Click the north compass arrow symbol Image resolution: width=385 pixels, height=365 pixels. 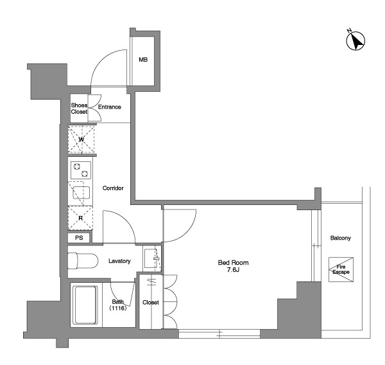pos(355,40)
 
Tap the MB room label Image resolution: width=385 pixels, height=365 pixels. pos(143,60)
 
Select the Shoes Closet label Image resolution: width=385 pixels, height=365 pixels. pos(79,109)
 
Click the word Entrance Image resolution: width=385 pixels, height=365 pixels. pos(110,107)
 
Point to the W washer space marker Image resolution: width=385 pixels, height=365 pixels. pos(81,139)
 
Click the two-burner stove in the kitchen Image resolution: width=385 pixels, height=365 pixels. pos(81,170)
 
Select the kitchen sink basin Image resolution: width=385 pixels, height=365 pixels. pos(81,193)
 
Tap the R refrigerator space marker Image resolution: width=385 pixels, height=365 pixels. pos(81,218)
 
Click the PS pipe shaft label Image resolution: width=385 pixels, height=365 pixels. pos(79,238)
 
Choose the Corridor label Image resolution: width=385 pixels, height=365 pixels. pos(113,188)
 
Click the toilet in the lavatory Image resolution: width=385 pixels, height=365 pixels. pos(83,261)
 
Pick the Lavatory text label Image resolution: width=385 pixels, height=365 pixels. pos(119,261)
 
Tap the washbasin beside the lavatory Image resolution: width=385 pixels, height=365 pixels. pos(151,258)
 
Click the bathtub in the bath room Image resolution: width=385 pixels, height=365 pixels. pos(86,305)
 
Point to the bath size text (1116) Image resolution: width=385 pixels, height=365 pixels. pos(118,308)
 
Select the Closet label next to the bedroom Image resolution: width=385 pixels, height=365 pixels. pos(151,303)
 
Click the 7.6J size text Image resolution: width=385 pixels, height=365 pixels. pos(234,270)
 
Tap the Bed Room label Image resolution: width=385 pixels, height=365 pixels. pos(234,263)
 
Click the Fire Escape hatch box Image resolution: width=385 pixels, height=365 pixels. pos(341,269)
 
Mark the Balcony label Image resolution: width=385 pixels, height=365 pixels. pos(341,238)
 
